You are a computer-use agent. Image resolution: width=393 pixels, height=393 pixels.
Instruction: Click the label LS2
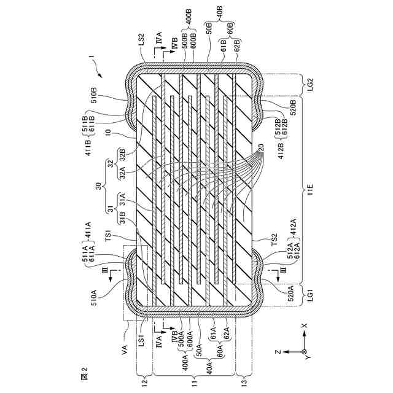point(141,44)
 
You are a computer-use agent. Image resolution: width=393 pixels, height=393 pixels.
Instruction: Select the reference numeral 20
point(261,148)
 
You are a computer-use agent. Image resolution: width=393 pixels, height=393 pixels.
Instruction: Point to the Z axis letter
point(278,351)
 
